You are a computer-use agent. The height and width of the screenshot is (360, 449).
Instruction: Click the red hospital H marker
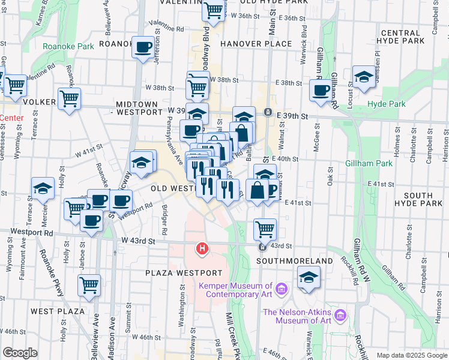tap(203, 248)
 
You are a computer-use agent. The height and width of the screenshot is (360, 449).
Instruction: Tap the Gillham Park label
tap(369, 163)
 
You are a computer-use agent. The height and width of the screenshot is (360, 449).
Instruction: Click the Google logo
tap(19, 353)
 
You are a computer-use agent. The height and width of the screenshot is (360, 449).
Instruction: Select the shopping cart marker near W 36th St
tap(213, 10)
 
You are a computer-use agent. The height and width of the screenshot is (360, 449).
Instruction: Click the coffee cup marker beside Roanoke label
tap(143, 47)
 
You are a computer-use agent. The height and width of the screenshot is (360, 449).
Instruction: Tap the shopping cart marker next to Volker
tap(70, 97)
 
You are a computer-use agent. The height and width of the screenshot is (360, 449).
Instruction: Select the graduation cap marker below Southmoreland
tap(309, 277)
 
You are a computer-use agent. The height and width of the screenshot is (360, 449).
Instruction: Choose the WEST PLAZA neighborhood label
tap(52, 311)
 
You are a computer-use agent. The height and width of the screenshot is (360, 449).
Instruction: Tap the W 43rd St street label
tap(138, 241)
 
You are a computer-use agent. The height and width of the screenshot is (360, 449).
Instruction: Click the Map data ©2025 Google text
tap(411, 355)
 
